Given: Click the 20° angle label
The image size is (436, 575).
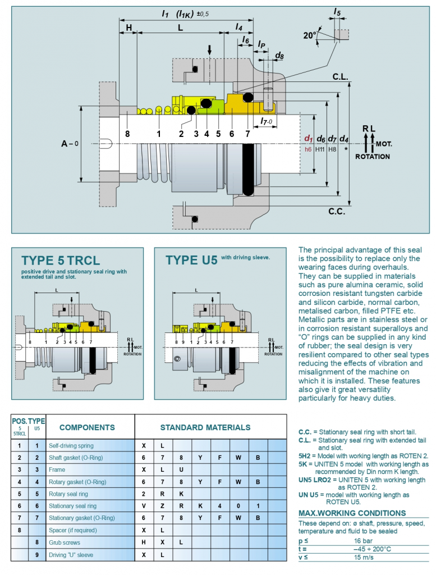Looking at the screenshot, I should click(x=310, y=35).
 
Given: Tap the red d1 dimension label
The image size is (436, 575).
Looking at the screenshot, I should click(x=308, y=138).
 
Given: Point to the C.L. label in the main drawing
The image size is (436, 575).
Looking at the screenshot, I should click(x=341, y=77).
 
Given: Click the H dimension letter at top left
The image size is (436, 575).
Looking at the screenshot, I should click(x=128, y=27).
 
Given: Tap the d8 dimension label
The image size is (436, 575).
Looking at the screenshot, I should click(x=279, y=56).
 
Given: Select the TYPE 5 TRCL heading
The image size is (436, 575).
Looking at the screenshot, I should click(x=61, y=261).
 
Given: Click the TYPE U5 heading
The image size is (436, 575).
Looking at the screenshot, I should click(x=191, y=261).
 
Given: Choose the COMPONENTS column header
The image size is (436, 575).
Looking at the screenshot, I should click(x=87, y=427).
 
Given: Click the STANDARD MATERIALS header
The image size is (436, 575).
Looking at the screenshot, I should click(x=205, y=427).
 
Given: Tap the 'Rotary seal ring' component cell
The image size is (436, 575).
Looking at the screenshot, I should click(x=68, y=494).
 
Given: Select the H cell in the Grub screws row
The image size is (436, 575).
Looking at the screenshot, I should click(x=144, y=542).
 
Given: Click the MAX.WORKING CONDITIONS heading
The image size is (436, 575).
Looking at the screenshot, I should click(x=352, y=513).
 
